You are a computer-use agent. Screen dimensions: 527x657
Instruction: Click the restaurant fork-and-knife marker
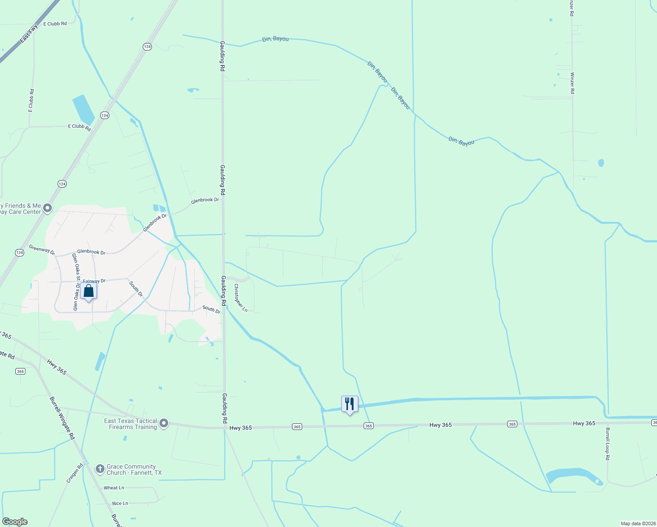tap(350, 404)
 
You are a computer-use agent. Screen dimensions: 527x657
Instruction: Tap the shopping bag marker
tap(88, 292)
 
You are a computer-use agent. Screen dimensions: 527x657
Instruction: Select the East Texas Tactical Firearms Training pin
tap(164, 423)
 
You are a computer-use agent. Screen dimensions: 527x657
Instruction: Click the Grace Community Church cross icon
tap(100, 469)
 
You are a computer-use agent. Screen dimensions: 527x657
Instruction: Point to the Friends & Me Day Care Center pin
tap(47, 208)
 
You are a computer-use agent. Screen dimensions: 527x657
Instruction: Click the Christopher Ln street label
tap(241, 298)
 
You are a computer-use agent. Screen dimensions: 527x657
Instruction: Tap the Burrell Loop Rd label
tap(607, 444)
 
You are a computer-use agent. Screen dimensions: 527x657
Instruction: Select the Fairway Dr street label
tap(94, 281)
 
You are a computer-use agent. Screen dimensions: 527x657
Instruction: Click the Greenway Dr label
tap(42, 250)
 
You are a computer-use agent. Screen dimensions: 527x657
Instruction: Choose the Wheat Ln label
tap(114, 488)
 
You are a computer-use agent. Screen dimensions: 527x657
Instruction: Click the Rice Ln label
tap(120, 503)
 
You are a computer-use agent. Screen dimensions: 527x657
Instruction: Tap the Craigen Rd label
tap(75, 473)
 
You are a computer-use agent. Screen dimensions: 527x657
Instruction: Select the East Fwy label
tap(29, 34)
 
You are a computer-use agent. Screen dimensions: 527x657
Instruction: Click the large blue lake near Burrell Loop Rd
tap(571, 475)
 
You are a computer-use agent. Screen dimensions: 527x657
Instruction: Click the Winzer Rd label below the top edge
tap(572, 83)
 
